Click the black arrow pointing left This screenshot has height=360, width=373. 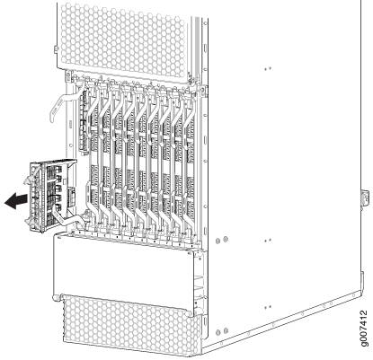pyautogui.click(x=16, y=201)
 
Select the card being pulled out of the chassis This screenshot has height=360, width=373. pyautogui.click(x=52, y=196)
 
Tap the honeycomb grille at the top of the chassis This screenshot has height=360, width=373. pyautogui.click(x=123, y=38)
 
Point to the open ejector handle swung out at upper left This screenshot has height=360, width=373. pyautogui.click(x=65, y=101)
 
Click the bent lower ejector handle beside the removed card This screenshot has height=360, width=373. pyautogui.click(x=68, y=217)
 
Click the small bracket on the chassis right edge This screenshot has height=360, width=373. pyautogui.click(x=365, y=198)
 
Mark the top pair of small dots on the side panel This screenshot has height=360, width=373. pyautogui.click(x=268, y=68)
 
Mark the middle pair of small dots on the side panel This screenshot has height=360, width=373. pyautogui.click(x=268, y=240)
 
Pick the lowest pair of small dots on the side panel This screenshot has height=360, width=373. pyautogui.click(x=268, y=307)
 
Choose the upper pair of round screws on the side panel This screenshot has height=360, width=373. pyautogui.click(x=221, y=240)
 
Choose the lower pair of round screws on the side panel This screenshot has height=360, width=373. pyautogui.click(x=221, y=331)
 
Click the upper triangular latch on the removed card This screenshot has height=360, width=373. pyautogui.click(x=28, y=180)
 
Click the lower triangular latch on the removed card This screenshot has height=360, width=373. pyautogui.click(x=28, y=222)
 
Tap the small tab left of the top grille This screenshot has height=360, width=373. pyautogui.click(x=56, y=49)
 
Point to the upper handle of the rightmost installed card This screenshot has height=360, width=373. pyautogui.click(x=188, y=111)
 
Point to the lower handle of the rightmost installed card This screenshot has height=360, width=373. pyautogui.click(x=188, y=209)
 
